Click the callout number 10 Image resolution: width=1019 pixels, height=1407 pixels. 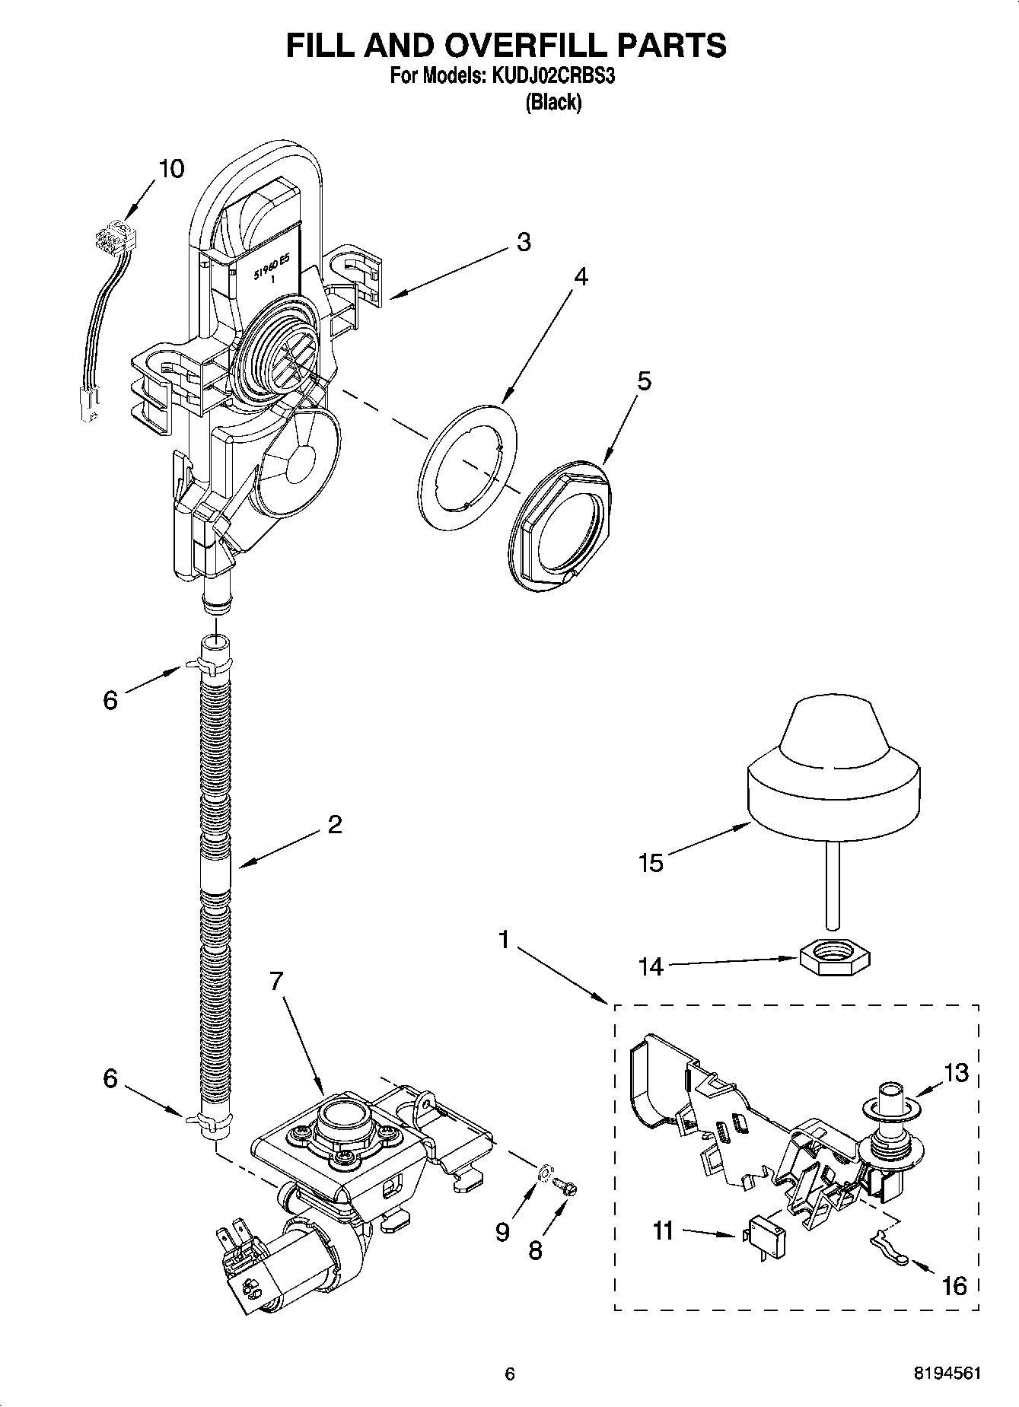click(172, 168)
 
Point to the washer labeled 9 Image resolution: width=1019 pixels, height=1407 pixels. click(544, 1174)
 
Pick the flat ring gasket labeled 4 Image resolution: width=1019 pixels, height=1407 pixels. click(467, 467)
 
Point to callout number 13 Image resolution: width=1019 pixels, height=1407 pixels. click(956, 1073)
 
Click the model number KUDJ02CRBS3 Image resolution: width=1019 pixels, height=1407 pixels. click(551, 76)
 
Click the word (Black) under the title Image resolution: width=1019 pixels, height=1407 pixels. click(553, 103)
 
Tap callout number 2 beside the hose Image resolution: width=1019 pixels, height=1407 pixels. click(335, 824)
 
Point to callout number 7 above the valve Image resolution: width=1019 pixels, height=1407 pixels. click(275, 982)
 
